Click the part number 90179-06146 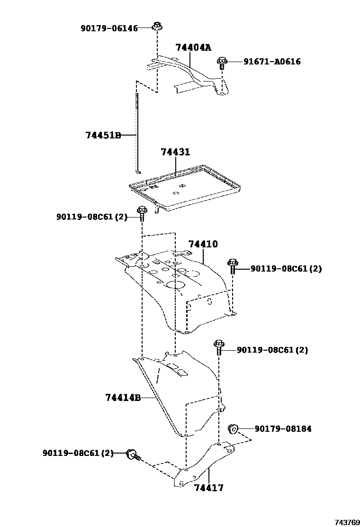(109, 28)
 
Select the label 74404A (193, 47)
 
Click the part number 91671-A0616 (272, 62)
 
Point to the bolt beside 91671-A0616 (222, 62)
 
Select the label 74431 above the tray (175, 152)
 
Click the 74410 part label (203, 244)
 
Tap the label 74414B (123, 398)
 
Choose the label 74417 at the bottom (208, 488)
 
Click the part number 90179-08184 (283, 429)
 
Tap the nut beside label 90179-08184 (233, 429)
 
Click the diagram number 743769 (347, 522)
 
